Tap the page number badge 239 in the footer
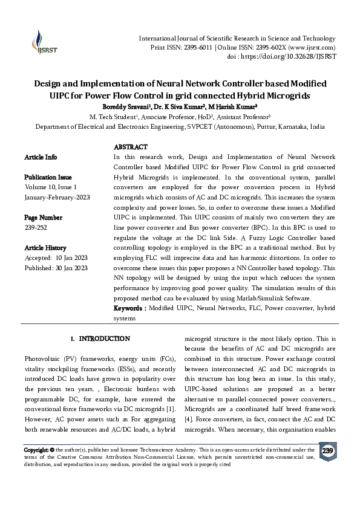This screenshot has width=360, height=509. [x=327, y=452]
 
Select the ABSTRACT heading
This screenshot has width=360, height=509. [x=130, y=147]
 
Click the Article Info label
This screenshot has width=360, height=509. [x=41, y=157]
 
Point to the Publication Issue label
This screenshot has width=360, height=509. [x=48, y=178]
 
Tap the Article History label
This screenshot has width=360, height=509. [x=45, y=248]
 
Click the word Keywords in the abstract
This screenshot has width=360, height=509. [x=129, y=308]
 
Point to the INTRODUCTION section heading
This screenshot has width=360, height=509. [x=104, y=339]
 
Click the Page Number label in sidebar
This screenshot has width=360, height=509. [x=43, y=217]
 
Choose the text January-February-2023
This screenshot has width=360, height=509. [x=54, y=197]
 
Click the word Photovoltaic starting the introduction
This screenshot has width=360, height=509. [x=44, y=359]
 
